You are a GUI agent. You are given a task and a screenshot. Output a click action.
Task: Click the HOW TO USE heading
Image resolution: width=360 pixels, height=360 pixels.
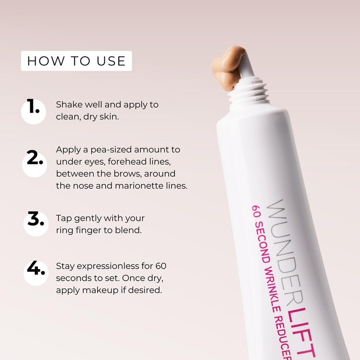(76, 61)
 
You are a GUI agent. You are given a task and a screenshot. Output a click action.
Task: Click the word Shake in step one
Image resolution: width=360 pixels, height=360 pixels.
(67, 104)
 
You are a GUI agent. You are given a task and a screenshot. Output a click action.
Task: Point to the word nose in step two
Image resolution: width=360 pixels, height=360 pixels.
(81, 185)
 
